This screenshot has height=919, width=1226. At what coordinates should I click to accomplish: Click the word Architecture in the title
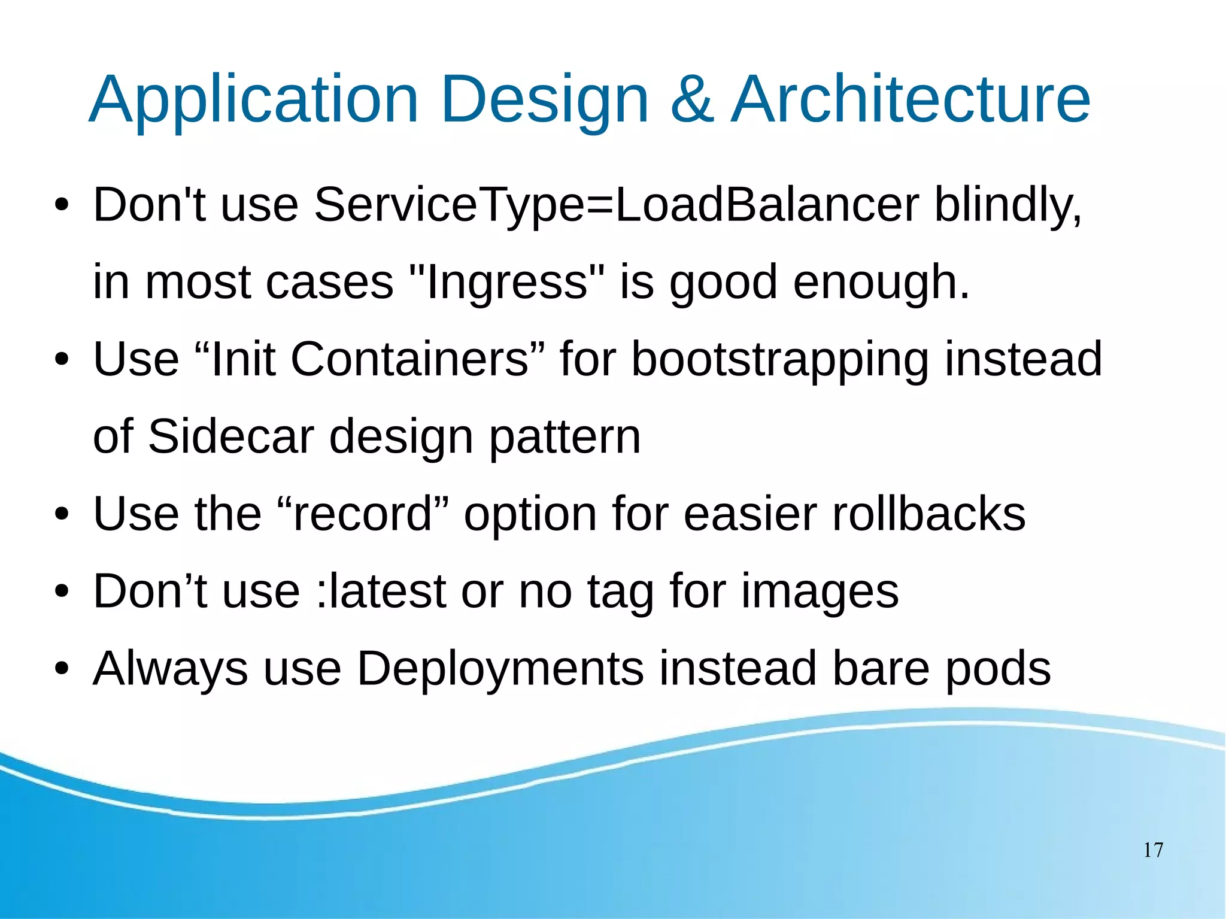coord(911,99)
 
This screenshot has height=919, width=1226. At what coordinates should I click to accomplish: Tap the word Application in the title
coord(253,99)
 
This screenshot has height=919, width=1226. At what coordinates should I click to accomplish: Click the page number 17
coord(1153,850)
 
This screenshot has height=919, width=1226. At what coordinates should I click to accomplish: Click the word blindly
coord(1008,205)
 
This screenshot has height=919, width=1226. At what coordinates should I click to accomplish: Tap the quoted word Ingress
coord(506,282)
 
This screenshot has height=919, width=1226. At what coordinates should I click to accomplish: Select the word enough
coord(881,282)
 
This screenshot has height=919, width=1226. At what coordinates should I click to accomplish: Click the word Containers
coord(410,359)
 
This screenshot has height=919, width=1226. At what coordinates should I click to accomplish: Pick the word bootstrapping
coord(780,359)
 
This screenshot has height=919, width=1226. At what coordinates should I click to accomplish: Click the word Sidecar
coord(231,436)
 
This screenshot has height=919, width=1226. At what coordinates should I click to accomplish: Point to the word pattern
coord(565,436)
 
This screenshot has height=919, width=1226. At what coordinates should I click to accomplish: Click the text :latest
coord(381,591)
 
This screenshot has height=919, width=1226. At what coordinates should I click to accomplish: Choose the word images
coord(820,591)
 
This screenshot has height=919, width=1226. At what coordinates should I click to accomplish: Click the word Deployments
coord(500,668)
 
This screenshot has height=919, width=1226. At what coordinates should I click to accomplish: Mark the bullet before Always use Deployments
coord(62,669)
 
